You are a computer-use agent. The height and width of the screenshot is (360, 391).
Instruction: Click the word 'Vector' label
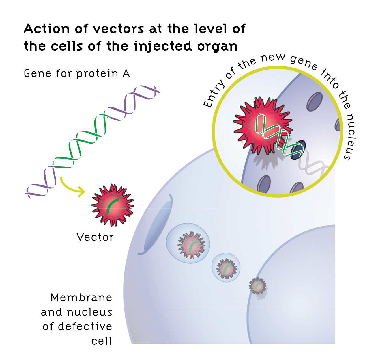pos(95,237)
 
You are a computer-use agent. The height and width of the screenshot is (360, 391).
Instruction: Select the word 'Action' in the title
pos(47,29)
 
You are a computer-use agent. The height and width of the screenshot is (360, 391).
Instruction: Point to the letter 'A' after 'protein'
pos(126,74)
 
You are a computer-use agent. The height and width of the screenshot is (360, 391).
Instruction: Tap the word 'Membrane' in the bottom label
pos(81,298)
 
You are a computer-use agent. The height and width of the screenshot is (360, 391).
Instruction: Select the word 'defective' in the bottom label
pos(85,326)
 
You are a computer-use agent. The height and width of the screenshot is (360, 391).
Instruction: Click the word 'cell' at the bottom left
pos(102,341)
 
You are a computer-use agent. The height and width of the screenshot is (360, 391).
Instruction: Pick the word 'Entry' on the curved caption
pos(214,94)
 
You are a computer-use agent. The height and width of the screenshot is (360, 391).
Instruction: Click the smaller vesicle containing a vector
pos(226,268)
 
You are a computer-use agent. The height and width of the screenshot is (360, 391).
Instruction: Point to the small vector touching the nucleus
pos(258,286)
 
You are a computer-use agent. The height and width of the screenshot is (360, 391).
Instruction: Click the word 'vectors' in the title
pos(118,29)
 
